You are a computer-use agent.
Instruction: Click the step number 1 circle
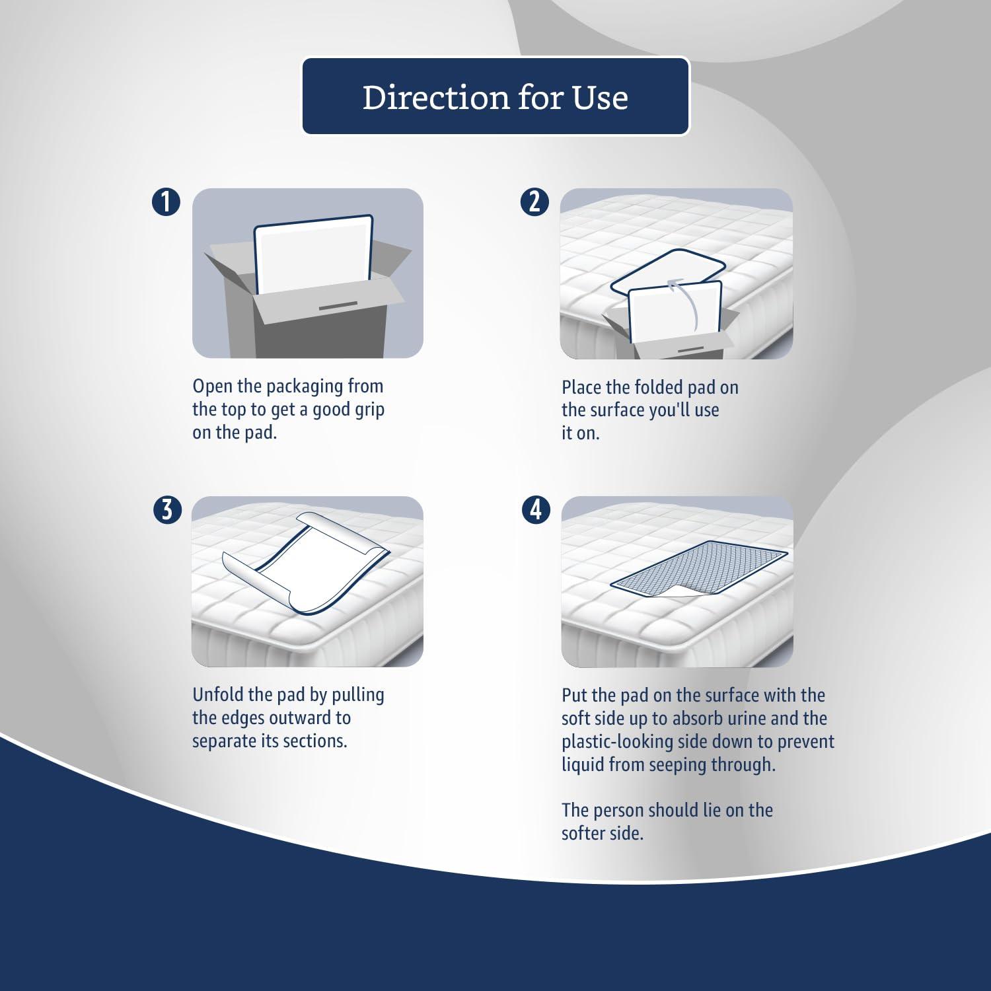click(x=166, y=202)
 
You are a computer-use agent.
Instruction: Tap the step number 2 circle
click(x=534, y=202)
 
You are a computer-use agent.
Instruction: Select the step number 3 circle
click(x=166, y=511)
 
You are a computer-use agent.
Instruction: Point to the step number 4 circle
click(x=536, y=511)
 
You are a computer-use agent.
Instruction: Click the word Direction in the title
click(x=435, y=97)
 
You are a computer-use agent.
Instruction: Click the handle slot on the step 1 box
click(x=338, y=306)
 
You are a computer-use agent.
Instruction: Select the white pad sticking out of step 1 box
click(x=314, y=254)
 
